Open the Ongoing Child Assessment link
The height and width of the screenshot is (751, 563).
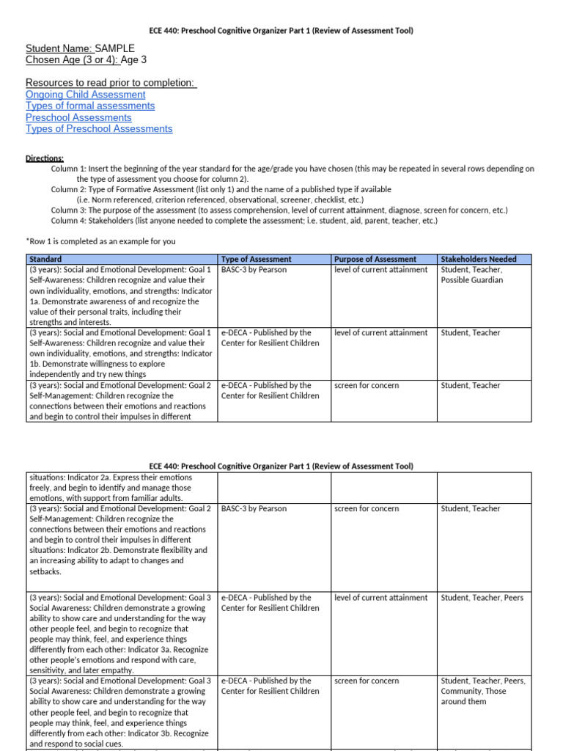pos(85,95)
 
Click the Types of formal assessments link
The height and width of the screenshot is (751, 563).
pos(90,106)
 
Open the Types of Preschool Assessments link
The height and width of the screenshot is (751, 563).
pos(99,128)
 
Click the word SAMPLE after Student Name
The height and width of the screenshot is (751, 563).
pos(115,48)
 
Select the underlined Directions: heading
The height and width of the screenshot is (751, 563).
pos(45,158)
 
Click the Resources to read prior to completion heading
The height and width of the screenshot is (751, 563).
pos(111,83)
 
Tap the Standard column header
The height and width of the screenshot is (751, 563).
pos(45,259)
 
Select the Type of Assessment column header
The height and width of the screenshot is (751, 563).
pos(256,259)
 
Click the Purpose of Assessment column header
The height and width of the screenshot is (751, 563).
pos(375,259)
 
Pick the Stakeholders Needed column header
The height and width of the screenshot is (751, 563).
pos(478,259)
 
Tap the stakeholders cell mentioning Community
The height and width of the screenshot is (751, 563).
pos(483,691)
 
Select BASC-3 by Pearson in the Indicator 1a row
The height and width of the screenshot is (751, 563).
pos(254,270)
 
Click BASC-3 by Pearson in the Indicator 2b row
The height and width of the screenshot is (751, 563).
pos(254,508)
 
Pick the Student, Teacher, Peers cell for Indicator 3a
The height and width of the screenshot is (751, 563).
pos(482,598)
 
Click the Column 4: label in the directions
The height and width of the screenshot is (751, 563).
pos(70,221)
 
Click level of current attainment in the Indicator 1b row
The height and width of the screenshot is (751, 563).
pos(380,332)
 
